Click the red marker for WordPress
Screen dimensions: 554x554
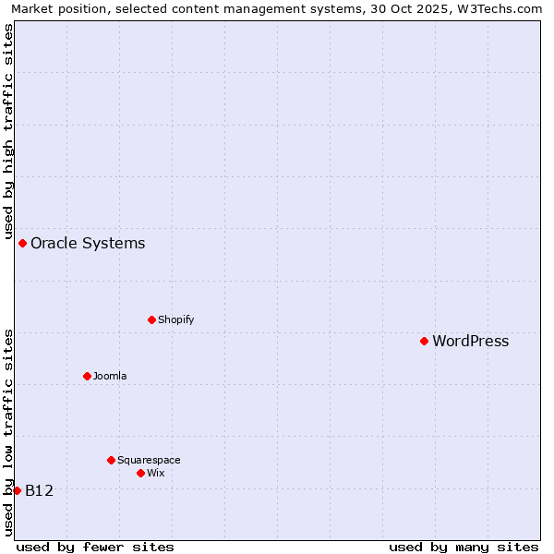pos(424,341)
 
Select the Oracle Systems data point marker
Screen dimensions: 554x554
pos(22,243)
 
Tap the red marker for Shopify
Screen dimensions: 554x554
pos(151,319)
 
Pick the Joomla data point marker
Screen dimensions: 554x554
pos(87,376)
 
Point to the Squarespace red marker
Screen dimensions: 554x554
pos(111,460)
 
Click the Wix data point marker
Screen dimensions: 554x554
pos(140,473)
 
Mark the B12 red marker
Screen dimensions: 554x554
pos(17,490)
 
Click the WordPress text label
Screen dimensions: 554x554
pos(470,341)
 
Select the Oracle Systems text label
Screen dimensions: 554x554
pos(88,243)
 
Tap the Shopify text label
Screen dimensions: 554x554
pos(175,319)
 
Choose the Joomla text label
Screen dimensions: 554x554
pos(110,376)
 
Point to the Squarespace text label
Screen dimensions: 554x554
pos(149,460)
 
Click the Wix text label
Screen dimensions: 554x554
pos(155,473)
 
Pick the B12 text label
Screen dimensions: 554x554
pos(39,490)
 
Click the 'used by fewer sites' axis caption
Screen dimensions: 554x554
pos(95,547)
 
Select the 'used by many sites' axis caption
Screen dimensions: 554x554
pos(464,547)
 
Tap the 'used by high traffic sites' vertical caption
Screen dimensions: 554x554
pos(8,132)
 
